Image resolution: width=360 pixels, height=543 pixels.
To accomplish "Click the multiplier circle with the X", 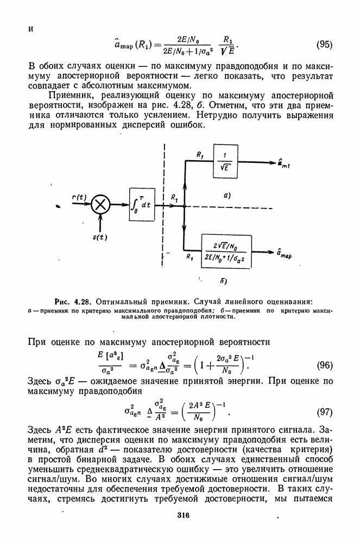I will (x=100, y=205).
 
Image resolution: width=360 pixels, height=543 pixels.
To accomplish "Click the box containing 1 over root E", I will (x=225, y=162).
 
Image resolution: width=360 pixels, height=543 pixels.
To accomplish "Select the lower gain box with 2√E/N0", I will (x=226, y=251).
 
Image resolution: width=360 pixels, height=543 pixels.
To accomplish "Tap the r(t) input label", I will (x=79, y=197).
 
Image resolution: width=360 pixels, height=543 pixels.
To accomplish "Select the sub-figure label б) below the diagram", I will (x=223, y=281).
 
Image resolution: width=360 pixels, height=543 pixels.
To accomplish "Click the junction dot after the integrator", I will (x=185, y=206).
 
